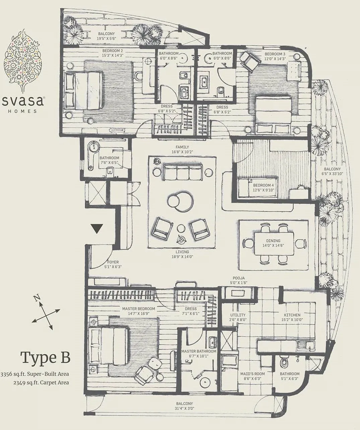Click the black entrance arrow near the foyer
coord(97,229)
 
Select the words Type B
coord(46,357)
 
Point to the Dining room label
coord(273,241)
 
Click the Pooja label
coord(239,278)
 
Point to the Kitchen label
coord(292,315)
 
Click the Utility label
coord(238,315)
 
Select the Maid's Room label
coord(252,374)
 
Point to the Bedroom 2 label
coord(113,51)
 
